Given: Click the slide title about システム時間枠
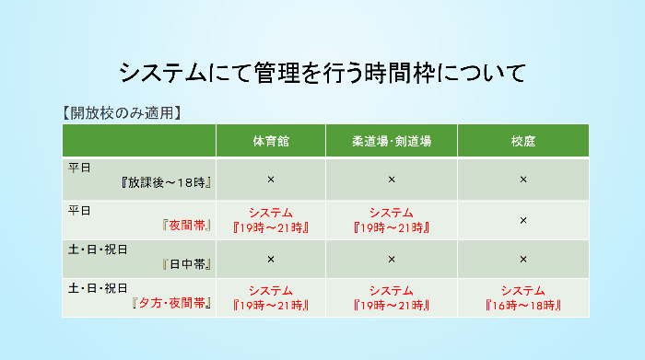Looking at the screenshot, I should coord(322,72).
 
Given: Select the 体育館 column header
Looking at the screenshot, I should coord(271,141).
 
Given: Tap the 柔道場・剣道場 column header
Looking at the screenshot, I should coord(392,141).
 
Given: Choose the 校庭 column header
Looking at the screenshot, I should coord(523,141).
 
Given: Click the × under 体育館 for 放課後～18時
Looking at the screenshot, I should coord(271,180).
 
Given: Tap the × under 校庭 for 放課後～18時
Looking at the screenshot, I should coord(523,180).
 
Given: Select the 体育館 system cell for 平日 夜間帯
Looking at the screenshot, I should coord(271,220).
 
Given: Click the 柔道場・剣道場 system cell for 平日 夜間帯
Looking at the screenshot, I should coord(392,220).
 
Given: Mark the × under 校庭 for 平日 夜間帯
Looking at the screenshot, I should coord(523,220).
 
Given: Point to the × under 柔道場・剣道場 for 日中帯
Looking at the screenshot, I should coord(392,260).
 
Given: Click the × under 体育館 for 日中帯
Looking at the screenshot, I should coord(271,260).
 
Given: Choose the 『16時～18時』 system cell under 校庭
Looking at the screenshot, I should coord(523,297).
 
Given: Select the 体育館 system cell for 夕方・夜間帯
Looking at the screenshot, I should coord(271,297).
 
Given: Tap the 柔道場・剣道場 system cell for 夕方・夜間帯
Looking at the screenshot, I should coord(392,297).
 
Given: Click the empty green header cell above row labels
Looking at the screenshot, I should coord(139,140).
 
